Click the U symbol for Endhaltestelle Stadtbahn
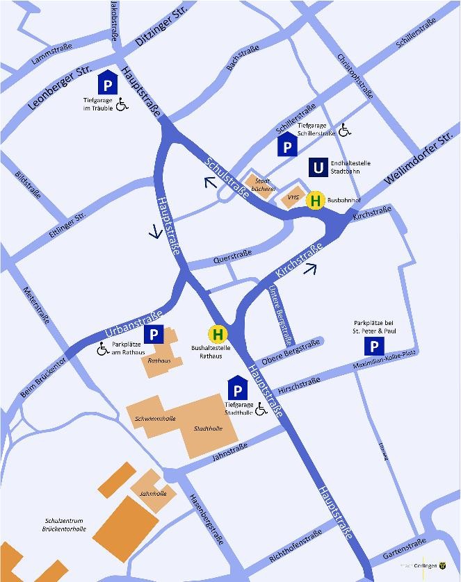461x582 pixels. [318, 167]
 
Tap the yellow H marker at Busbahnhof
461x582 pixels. [316, 201]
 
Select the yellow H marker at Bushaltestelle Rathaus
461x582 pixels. [218, 335]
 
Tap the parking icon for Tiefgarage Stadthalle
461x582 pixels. [236, 390]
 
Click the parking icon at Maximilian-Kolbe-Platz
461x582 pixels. [374, 347]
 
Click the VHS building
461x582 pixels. [293, 197]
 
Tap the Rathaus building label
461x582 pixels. [160, 360]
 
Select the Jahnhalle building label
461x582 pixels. [152, 494]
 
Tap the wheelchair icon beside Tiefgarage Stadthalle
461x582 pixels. [261, 410]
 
